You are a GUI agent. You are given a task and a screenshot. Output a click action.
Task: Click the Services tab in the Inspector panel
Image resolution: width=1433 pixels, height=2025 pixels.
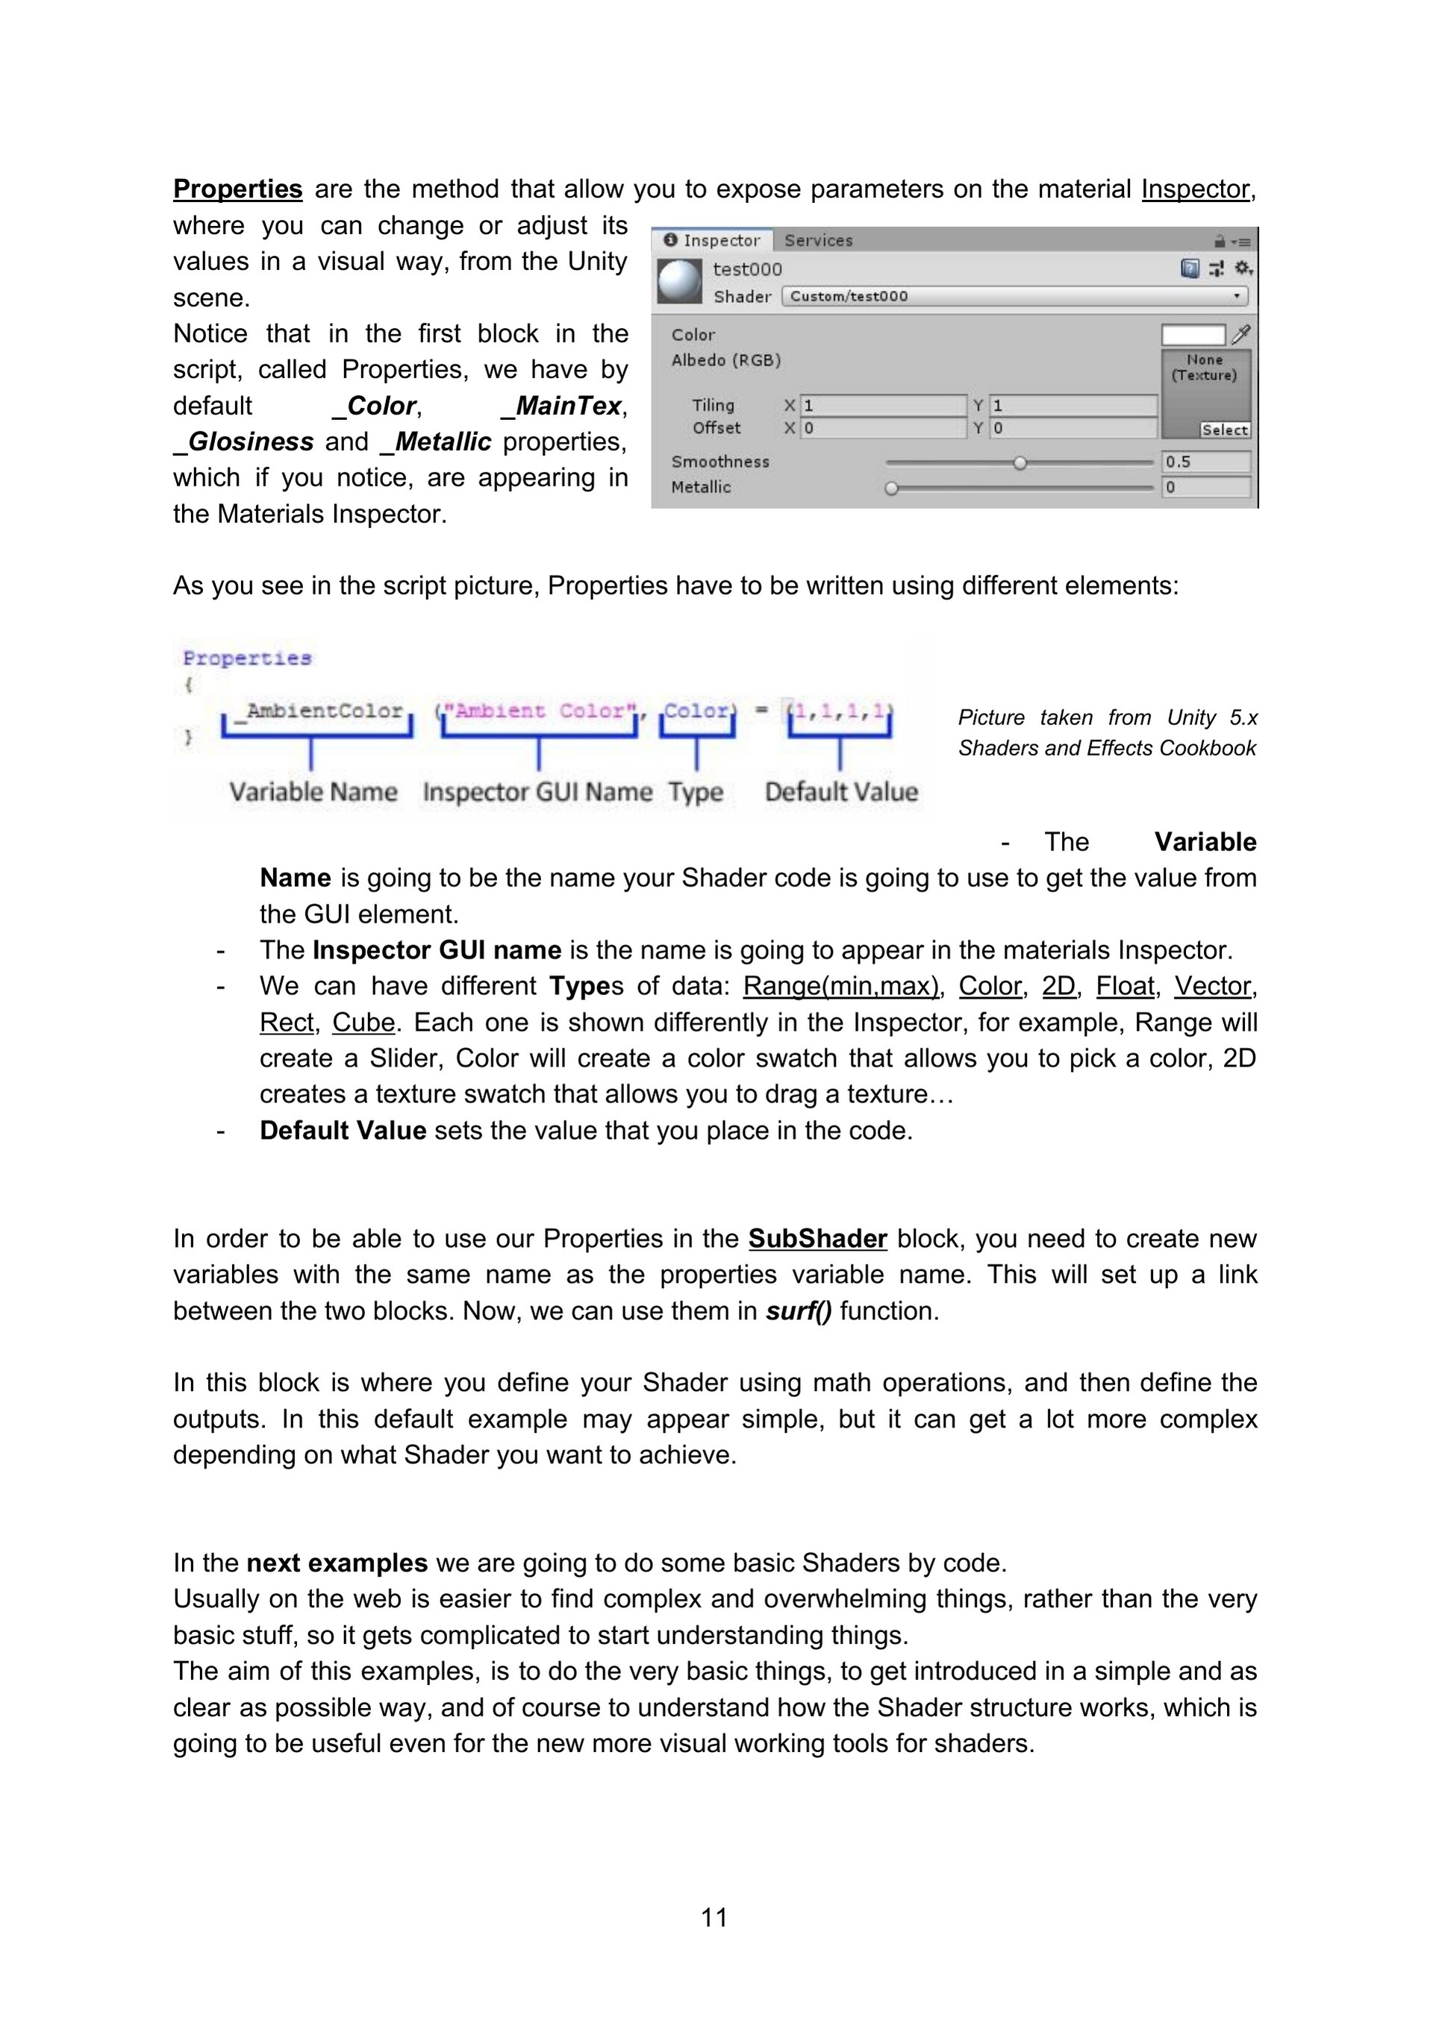818,240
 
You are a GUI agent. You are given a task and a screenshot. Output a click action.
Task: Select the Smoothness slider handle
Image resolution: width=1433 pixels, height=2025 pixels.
1020,462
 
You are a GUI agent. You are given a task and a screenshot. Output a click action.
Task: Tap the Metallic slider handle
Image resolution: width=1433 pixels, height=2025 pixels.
891,488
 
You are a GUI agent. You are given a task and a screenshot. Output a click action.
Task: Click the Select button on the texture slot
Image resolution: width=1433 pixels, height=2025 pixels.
1224,430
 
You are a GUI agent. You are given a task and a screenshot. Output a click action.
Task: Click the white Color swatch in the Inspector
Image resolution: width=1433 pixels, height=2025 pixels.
1193,335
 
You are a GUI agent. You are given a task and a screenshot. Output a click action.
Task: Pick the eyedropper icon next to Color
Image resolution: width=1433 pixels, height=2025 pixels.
1240,334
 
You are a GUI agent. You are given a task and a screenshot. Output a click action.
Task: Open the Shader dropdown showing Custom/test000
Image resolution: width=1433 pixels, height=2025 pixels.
1015,296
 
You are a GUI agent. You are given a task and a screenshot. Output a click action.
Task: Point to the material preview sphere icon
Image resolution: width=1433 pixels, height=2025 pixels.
679,281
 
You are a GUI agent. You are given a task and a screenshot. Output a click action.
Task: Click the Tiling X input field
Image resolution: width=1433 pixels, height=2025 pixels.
882,406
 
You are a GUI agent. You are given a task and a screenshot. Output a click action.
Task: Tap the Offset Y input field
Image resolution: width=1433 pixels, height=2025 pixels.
1072,429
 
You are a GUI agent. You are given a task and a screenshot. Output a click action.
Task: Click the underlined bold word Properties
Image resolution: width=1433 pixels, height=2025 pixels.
237,189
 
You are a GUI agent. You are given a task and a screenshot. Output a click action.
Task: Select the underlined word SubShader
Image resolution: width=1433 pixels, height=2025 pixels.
817,1238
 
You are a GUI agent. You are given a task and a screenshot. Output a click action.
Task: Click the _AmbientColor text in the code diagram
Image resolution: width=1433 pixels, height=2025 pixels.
324,710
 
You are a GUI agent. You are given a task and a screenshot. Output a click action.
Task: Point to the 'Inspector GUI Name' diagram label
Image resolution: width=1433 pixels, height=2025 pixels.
537,792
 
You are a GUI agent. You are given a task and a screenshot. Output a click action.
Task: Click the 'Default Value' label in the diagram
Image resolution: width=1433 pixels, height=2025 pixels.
841,792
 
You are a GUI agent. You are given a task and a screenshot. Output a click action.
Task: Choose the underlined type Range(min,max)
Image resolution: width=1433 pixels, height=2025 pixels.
840,986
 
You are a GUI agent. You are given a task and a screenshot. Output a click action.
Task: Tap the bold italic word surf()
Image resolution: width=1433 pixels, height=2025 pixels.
799,1310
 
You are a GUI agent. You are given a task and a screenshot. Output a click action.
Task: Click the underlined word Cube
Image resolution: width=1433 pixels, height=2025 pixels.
363,1023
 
